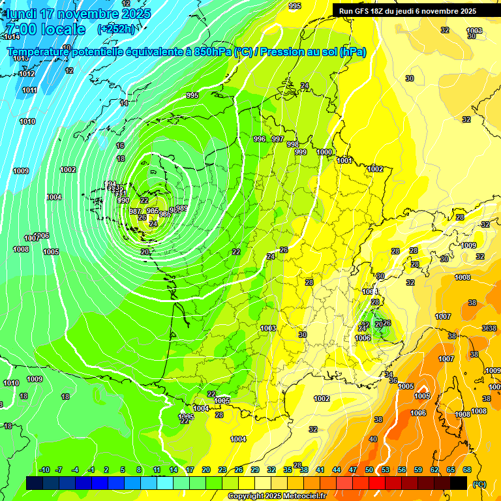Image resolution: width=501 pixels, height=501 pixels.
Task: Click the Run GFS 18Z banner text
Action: (407, 11)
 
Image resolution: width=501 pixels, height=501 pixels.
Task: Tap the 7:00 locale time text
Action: (46, 29)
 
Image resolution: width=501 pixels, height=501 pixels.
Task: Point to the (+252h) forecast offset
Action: (117, 29)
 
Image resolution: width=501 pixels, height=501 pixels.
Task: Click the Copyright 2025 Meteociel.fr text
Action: (277, 496)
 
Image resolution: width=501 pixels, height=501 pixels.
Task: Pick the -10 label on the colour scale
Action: (44, 470)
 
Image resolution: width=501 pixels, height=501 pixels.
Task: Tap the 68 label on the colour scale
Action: (467, 470)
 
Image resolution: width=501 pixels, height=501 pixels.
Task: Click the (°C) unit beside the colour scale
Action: (479, 483)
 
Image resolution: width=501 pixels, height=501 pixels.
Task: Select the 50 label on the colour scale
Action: (369, 470)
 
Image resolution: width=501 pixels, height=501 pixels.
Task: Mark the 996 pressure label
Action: (260, 139)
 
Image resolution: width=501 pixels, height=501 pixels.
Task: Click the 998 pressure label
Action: (293, 145)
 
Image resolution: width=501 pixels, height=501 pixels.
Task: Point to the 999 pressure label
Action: (301, 152)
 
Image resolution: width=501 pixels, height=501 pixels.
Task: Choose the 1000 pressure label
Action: (324, 152)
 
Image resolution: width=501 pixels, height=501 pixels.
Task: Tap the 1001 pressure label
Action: (344, 160)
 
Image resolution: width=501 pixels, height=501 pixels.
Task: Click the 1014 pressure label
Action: (12, 37)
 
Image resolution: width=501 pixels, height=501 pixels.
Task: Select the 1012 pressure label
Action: (27, 74)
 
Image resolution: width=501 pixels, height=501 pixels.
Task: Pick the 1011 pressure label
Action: (29, 90)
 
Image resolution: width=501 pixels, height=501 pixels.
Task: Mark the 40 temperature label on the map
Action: (373, 439)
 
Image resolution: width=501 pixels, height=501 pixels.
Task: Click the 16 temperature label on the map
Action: (120, 145)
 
